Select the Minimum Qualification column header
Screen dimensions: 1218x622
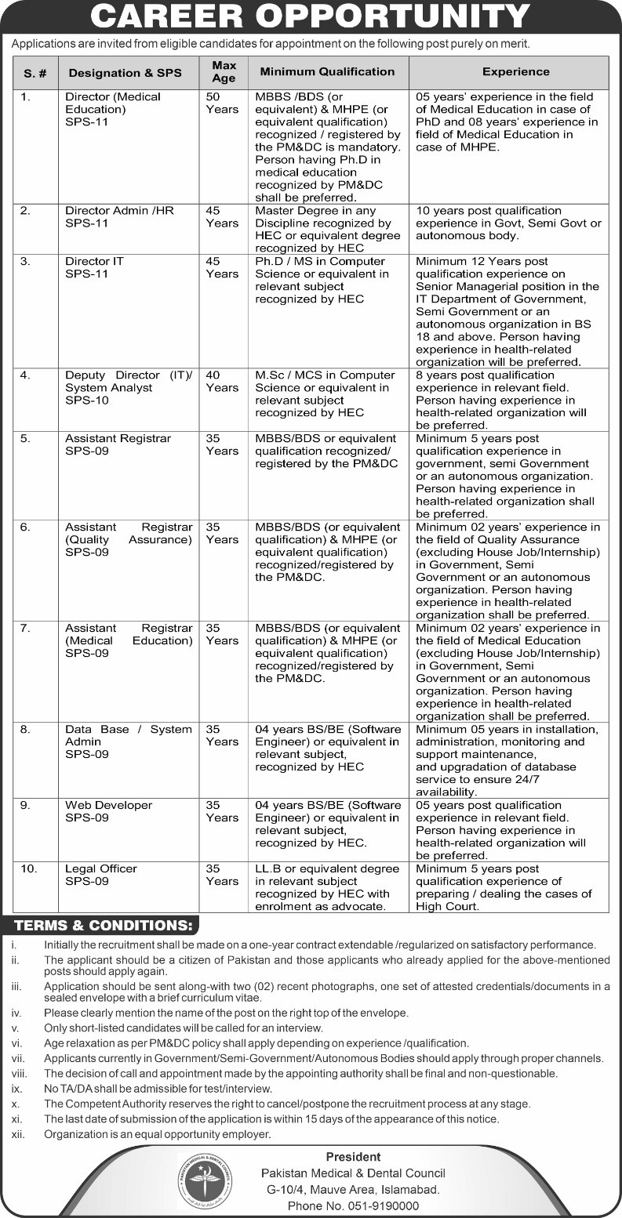327,71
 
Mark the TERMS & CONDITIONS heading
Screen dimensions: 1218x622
104,926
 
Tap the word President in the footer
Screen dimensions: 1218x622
353,1157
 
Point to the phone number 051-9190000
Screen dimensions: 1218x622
353,1206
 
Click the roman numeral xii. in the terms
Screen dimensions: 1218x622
19,1134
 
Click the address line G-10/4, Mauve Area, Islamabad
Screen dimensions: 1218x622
353,1190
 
